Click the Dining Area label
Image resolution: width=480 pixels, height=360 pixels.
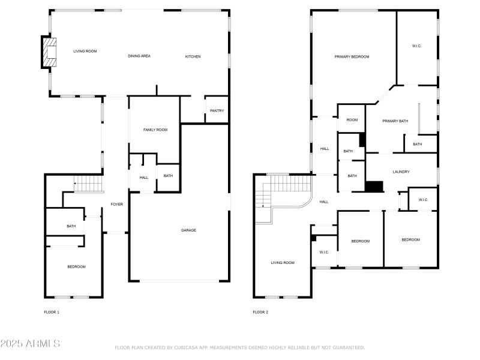pos(139,56)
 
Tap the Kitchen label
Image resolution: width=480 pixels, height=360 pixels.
pos(193,56)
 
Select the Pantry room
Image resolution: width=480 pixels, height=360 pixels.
pos(217,110)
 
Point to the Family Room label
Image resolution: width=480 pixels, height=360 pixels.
pos(155,130)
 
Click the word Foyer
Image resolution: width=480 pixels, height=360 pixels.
pos(116,204)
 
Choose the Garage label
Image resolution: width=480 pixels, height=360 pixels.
pos(188,230)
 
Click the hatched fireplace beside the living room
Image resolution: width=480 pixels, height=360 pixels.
pos(49,52)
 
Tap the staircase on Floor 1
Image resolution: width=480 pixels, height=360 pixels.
pos(88,184)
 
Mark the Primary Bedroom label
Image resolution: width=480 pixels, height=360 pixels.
pos(352,56)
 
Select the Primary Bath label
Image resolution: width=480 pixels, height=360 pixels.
pos(395,121)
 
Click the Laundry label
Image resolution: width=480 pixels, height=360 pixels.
pos(401,172)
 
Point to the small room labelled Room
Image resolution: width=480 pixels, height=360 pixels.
pos(352,119)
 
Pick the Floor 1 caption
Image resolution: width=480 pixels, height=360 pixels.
pos(52,312)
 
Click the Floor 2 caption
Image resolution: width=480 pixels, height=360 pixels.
pos(260,312)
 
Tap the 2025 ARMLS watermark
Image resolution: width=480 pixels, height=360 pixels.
pos(30,343)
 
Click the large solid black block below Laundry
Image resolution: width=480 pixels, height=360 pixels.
pos(374,187)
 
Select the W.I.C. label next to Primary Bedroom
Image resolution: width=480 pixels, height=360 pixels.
pos(416,46)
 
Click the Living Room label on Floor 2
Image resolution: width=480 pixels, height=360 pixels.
pos(283,263)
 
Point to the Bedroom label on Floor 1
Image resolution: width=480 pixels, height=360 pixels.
pos(77,267)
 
